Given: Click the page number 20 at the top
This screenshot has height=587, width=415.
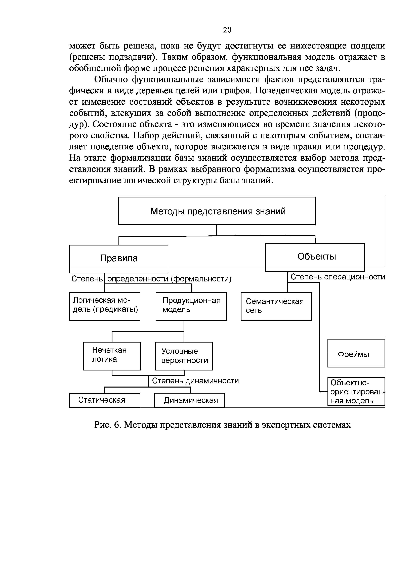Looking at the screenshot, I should point(227,30).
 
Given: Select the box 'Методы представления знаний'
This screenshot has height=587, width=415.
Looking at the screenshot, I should point(217,211).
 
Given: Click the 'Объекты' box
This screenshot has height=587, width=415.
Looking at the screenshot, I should point(315,257).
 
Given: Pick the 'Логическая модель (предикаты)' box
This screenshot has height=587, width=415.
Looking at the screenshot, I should point(105,306).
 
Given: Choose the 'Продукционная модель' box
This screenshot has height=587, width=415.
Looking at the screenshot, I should point(191,306).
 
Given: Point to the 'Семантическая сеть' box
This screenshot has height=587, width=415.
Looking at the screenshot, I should point(276,306).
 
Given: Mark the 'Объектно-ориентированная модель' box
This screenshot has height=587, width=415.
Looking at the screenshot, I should point(356,391).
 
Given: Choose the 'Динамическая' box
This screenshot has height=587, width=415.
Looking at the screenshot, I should point(189,400).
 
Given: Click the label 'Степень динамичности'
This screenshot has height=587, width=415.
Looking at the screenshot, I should point(195,381).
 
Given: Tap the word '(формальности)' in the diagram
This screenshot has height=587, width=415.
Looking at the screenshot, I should point(201,279).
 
